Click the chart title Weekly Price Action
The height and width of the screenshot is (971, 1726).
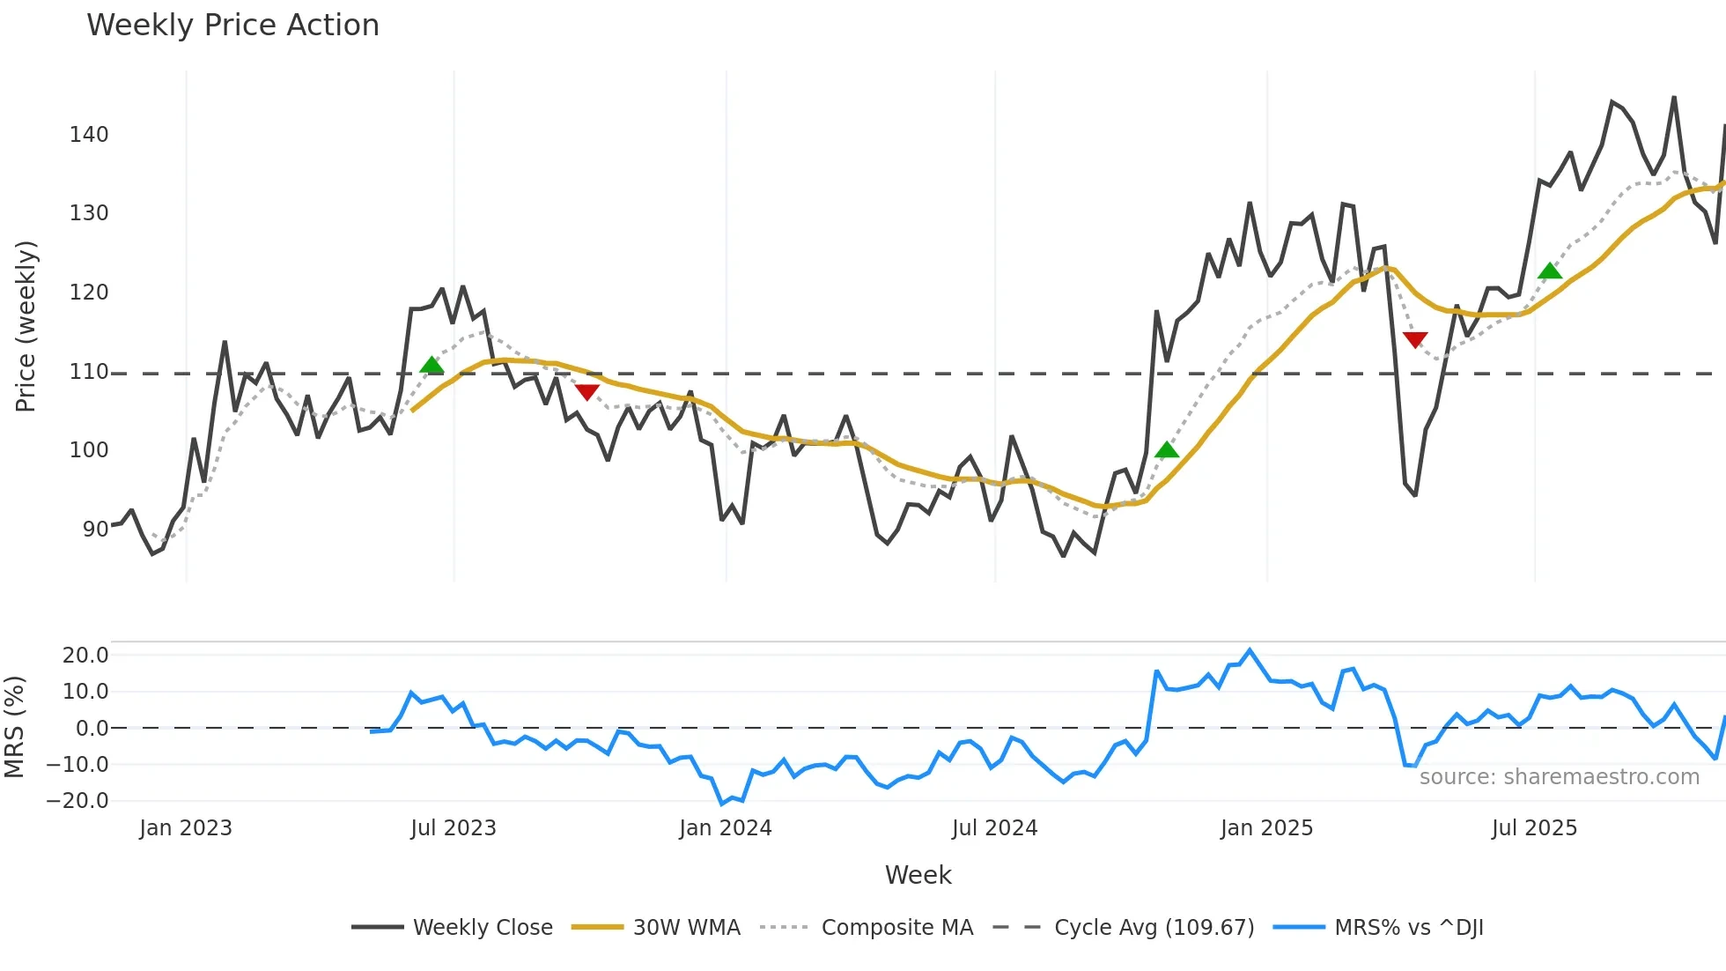(232, 25)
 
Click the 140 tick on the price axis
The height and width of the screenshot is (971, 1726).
(89, 134)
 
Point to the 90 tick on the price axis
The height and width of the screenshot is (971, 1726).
(95, 529)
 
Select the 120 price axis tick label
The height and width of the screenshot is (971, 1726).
(89, 292)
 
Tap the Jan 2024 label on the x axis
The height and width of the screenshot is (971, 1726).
(725, 828)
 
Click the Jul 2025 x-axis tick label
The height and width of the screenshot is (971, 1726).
(1534, 828)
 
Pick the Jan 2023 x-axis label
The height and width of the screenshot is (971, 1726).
(186, 828)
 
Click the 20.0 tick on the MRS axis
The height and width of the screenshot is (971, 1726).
(85, 655)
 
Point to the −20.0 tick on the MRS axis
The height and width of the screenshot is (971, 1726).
(77, 801)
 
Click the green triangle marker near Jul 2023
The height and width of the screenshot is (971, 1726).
(431, 365)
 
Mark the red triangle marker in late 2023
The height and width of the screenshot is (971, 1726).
(586, 391)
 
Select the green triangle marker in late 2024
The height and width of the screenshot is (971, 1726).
(1167, 450)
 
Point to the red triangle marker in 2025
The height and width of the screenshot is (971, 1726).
(1415, 339)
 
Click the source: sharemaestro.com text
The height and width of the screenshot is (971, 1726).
(1559, 777)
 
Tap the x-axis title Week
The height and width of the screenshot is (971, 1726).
(918, 875)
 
